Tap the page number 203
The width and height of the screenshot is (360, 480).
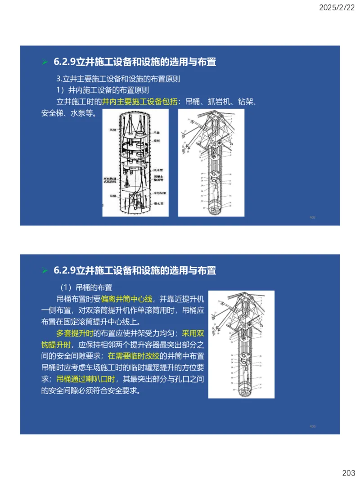tap(348, 473)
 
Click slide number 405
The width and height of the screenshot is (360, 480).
tap(312, 217)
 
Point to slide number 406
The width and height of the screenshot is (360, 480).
tap(312, 426)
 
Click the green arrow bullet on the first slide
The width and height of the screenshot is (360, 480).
tap(45, 62)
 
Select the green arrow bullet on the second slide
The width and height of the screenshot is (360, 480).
tap(45, 270)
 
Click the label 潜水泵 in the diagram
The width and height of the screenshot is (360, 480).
tap(157, 203)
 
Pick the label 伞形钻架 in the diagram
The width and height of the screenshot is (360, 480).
tap(159, 193)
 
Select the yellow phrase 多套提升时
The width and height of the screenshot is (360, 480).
tap(74, 333)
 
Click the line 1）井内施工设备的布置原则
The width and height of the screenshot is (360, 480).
tap(102, 90)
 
